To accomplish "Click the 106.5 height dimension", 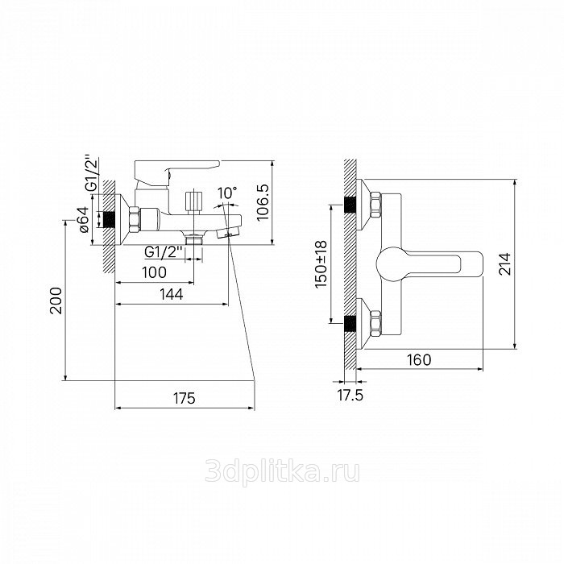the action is (263, 203).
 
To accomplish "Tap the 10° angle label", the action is (227, 193).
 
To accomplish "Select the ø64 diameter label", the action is (83, 219).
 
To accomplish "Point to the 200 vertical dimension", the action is (56, 301).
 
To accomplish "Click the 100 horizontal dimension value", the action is (154, 272).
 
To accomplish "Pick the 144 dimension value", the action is (171, 294).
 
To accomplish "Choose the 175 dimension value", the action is (185, 399).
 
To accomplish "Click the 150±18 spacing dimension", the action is (321, 264).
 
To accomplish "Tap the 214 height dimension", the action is (505, 264).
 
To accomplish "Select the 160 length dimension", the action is (420, 359).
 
